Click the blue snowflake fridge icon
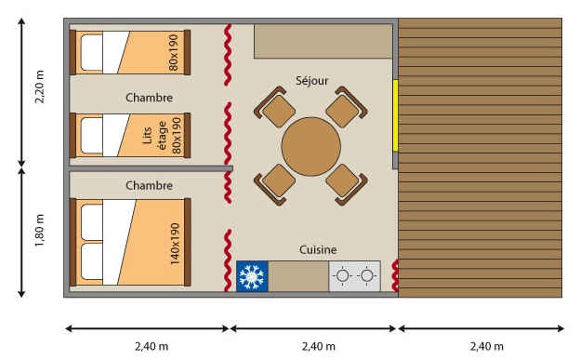click(252, 276)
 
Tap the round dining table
click(311, 146)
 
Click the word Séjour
click(311, 80)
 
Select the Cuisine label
click(318, 249)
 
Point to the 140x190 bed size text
click(175, 244)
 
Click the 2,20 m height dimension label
click(39, 87)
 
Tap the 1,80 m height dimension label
click(39, 230)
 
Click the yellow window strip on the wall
click(395, 115)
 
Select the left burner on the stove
click(342, 275)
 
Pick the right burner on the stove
click(367, 275)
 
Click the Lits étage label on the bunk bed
click(154, 136)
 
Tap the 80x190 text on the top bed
click(173, 52)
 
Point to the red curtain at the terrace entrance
click(395, 275)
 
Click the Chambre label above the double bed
click(149, 185)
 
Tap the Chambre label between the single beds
click(149, 98)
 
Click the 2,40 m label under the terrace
click(486, 347)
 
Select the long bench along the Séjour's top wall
click(323, 41)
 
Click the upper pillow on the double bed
click(91, 221)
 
